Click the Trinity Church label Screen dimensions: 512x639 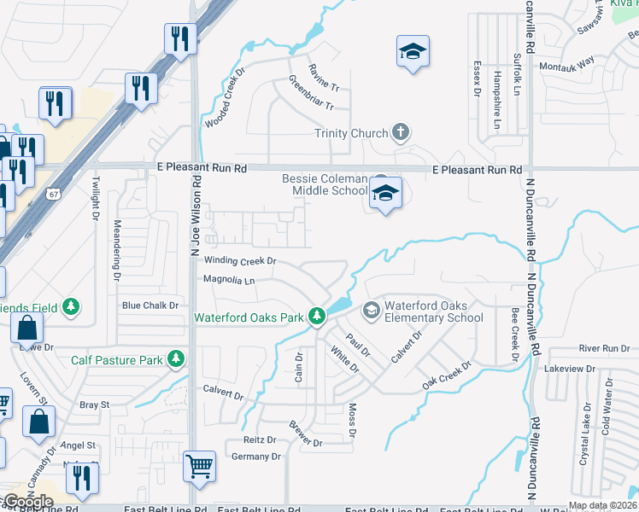point(351,133)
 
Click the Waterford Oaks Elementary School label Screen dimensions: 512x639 point(433,312)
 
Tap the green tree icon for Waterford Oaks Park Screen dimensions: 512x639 point(317,317)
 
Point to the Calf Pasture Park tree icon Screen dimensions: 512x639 point(176,359)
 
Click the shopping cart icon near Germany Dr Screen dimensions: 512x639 point(199,466)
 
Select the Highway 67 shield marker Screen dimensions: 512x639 point(54,195)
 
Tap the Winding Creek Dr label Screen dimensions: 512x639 point(240,261)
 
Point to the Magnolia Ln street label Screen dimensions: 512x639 point(229,280)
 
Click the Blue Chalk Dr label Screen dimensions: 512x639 point(149,305)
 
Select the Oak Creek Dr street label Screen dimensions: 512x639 point(447,376)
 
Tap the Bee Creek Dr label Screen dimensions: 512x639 point(515,335)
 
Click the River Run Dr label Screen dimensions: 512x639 point(603,348)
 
